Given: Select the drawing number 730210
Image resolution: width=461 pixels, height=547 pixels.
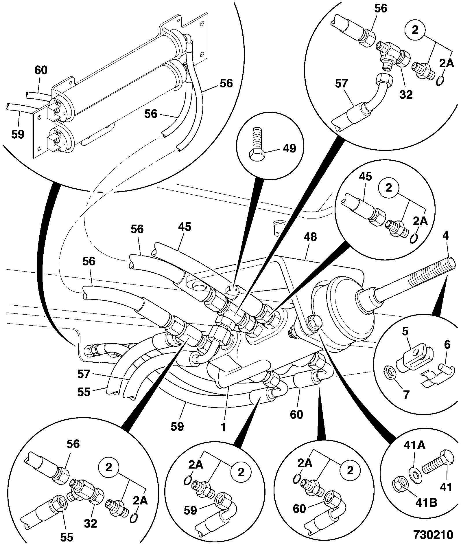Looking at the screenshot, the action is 433,535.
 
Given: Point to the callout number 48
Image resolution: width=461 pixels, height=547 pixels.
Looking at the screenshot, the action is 310,237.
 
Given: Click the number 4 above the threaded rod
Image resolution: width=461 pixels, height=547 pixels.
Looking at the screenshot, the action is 445,236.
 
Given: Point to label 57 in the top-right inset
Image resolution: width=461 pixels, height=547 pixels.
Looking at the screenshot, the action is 342,84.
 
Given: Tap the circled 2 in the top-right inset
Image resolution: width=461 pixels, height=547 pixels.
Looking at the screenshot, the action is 415,30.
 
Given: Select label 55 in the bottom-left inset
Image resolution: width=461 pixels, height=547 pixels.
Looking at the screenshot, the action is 67,537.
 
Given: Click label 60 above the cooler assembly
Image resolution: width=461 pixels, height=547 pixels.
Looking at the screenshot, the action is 41,70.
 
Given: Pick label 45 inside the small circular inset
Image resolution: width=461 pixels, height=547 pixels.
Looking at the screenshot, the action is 365,177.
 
